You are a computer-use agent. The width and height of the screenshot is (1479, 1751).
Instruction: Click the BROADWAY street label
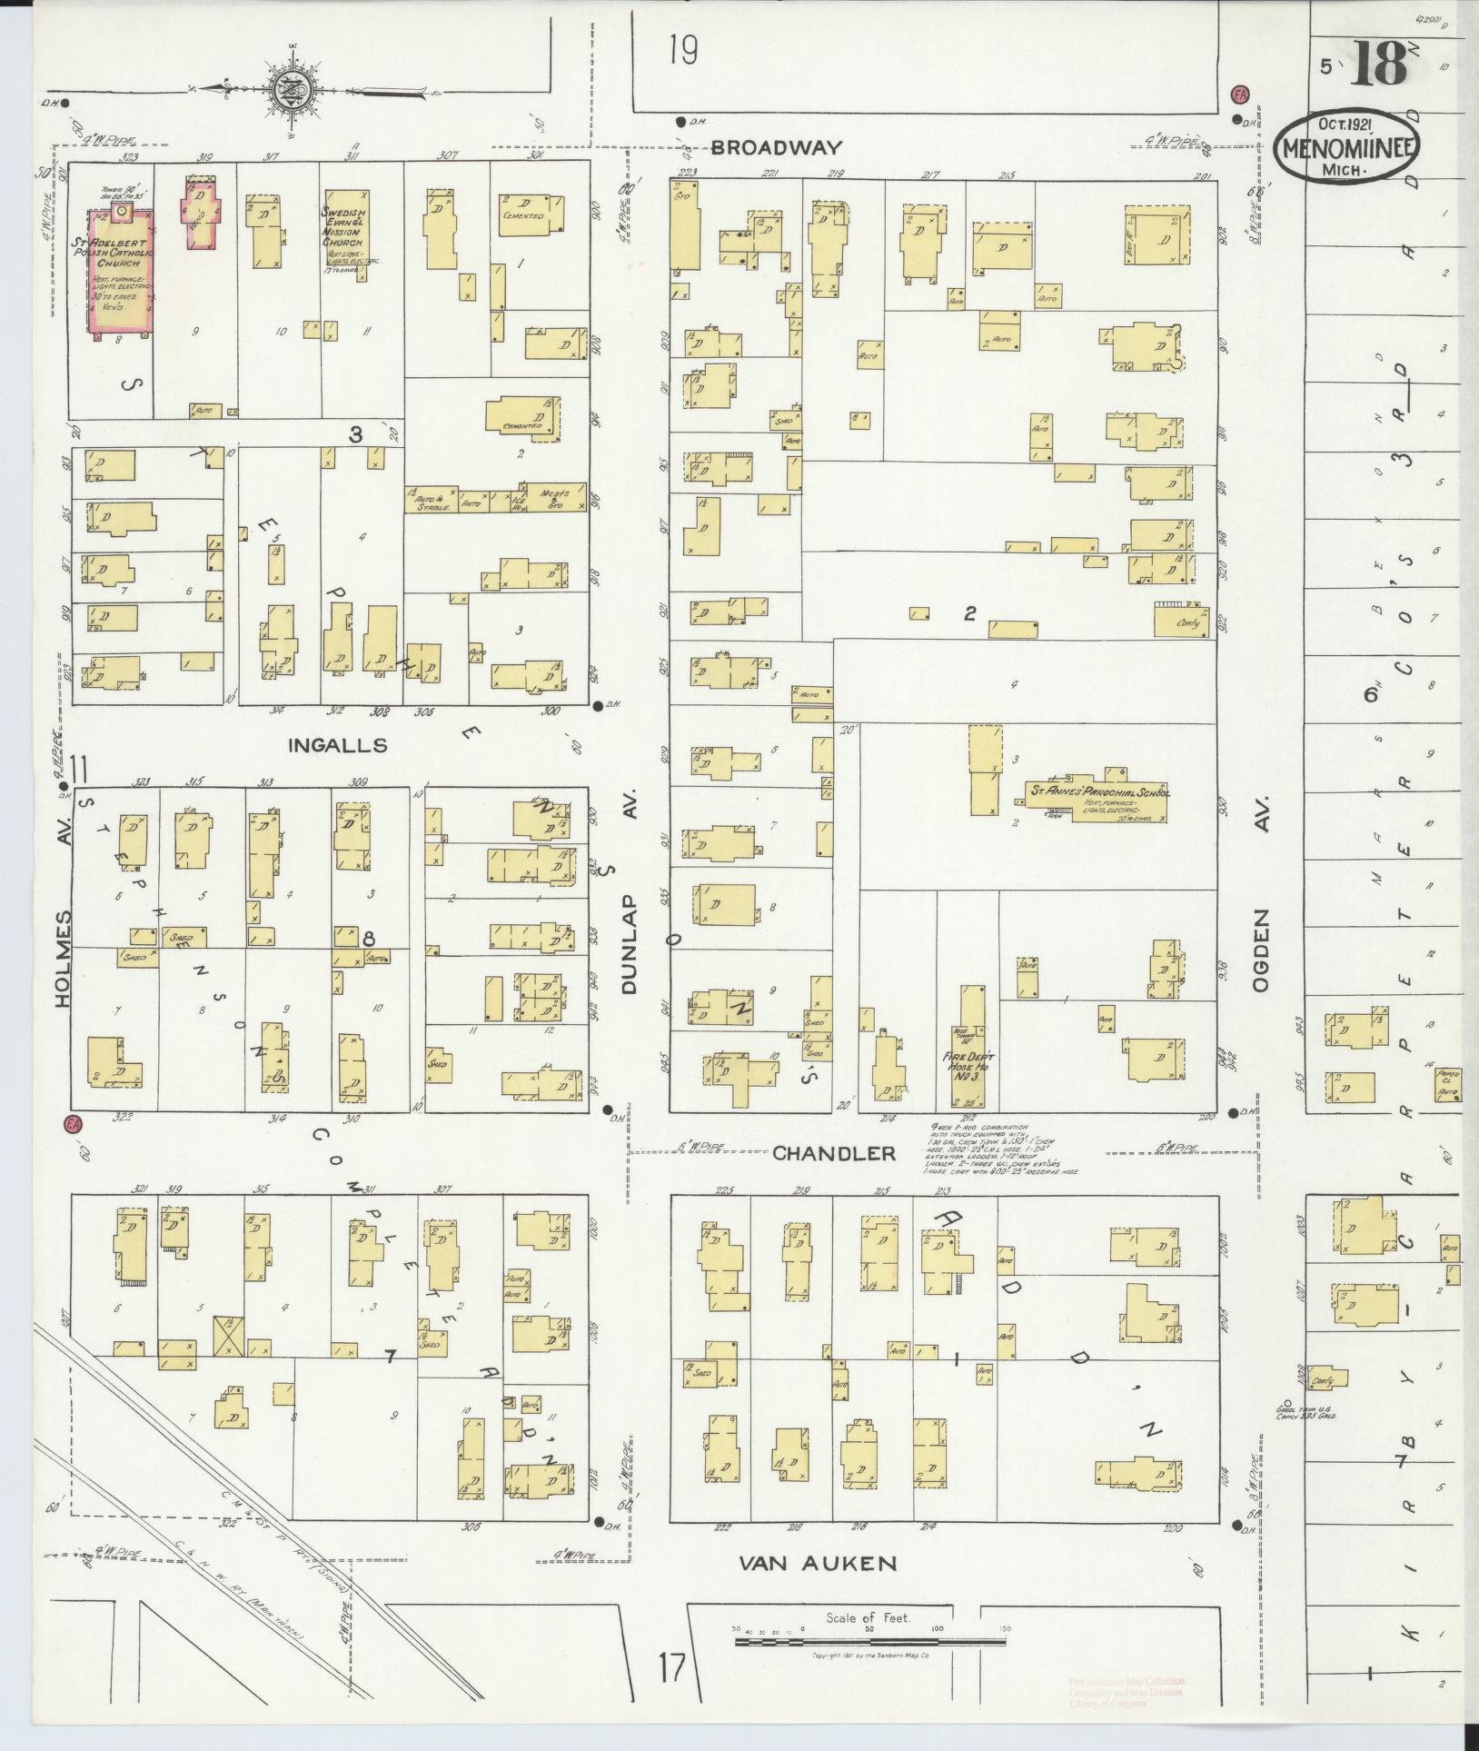pos(777,147)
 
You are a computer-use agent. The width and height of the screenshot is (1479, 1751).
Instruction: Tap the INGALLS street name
pos(337,746)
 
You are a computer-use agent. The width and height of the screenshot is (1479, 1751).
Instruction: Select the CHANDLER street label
pos(833,1153)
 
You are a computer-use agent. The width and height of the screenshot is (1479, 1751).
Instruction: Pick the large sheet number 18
pos(1377,62)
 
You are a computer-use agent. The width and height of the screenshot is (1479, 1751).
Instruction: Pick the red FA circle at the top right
pos(1237,94)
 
